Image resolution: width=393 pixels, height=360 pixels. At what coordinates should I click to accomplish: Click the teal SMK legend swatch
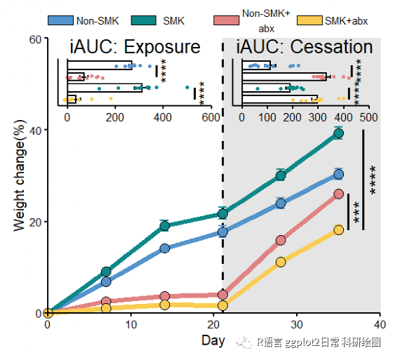click(144, 20)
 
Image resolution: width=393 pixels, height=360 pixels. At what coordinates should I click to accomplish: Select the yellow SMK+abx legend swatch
click(309, 20)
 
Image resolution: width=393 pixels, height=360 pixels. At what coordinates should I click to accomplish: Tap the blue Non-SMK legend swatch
click(60, 20)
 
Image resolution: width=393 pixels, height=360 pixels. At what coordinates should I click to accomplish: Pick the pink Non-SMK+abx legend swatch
click(226, 20)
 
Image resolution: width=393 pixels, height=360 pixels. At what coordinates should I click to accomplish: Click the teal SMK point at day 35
click(338, 133)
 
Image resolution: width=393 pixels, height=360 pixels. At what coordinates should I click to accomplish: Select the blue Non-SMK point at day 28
click(281, 204)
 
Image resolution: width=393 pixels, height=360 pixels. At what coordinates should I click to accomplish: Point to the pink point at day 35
click(338, 194)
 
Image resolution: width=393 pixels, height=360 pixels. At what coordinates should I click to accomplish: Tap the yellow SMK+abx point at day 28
click(281, 262)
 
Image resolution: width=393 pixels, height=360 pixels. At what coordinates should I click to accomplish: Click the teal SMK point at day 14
click(164, 226)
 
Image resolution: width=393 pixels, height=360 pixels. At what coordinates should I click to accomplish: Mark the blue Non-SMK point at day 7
click(106, 282)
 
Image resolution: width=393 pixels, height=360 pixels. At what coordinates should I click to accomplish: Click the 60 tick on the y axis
click(35, 39)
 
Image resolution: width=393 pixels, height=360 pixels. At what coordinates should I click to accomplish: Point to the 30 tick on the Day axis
click(296, 325)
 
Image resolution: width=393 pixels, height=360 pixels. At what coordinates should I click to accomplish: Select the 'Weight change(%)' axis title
click(20, 175)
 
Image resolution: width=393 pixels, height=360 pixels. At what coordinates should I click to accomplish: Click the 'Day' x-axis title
click(213, 341)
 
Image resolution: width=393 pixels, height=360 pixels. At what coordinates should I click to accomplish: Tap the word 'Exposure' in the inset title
click(162, 47)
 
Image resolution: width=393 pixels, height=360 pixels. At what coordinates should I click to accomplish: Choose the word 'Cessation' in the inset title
click(331, 47)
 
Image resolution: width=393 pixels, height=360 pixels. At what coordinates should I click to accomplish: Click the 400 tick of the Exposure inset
click(163, 117)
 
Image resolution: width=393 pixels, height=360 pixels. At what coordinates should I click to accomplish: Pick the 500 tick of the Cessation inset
click(368, 117)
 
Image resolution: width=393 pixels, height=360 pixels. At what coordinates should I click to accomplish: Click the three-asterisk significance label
click(357, 213)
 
